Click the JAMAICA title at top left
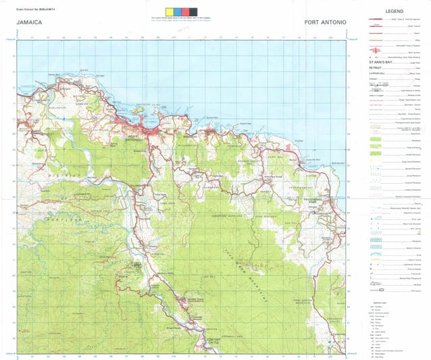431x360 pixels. tap(30, 24)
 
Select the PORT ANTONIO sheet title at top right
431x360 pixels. tap(325, 24)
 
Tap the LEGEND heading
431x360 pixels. tap(394, 13)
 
